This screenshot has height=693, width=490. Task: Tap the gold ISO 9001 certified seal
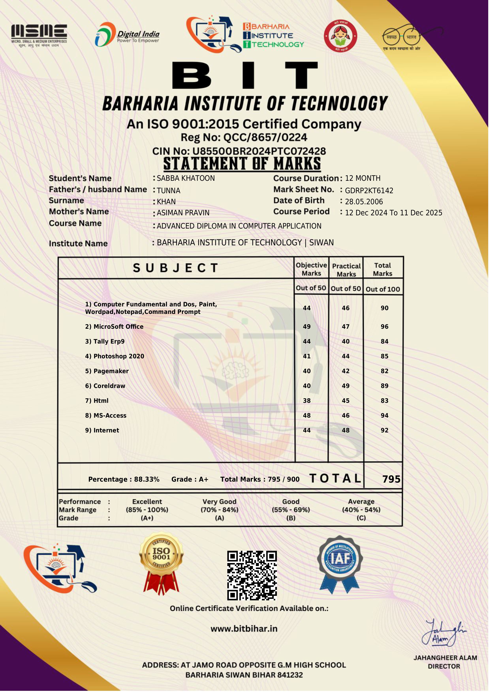pos(161,563)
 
